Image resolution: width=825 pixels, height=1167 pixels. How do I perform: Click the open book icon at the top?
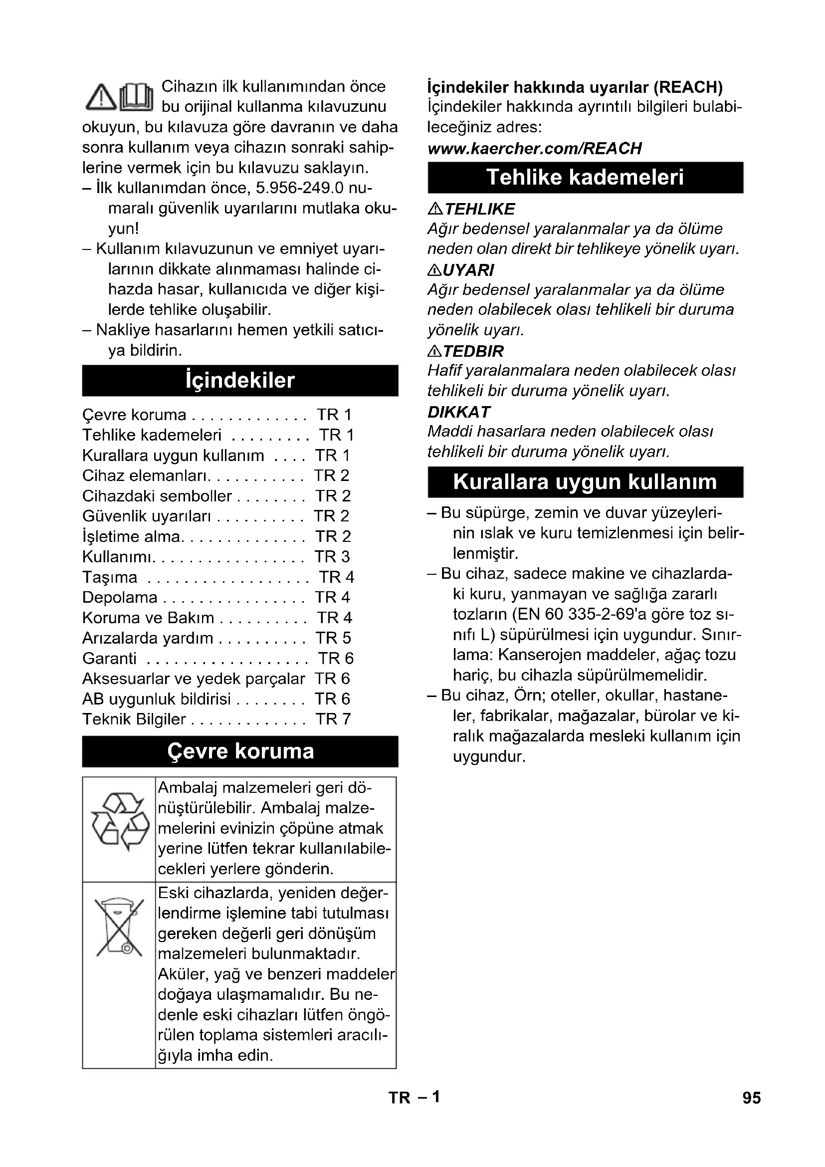(136, 97)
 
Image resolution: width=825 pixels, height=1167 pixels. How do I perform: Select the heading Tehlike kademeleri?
(585, 178)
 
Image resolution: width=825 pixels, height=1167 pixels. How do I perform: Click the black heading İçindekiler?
(240, 381)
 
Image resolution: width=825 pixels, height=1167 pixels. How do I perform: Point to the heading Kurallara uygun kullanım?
(585, 482)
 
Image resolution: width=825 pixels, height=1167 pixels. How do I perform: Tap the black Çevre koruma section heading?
(240, 751)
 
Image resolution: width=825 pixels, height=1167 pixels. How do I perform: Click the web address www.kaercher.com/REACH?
(534, 148)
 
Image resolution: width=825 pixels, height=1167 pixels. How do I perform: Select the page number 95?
(751, 1098)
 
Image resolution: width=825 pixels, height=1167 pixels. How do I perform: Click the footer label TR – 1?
(414, 1097)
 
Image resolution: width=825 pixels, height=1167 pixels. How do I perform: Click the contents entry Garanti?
(110, 658)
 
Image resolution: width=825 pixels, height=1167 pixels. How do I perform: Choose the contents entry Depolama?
(120, 597)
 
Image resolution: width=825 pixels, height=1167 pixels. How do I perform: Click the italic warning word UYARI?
(468, 270)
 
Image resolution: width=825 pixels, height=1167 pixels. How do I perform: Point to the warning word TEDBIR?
(473, 351)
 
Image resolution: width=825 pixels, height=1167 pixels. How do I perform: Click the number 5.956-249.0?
(300, 188)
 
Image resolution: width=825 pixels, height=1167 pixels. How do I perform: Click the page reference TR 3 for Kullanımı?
(332, 557)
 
